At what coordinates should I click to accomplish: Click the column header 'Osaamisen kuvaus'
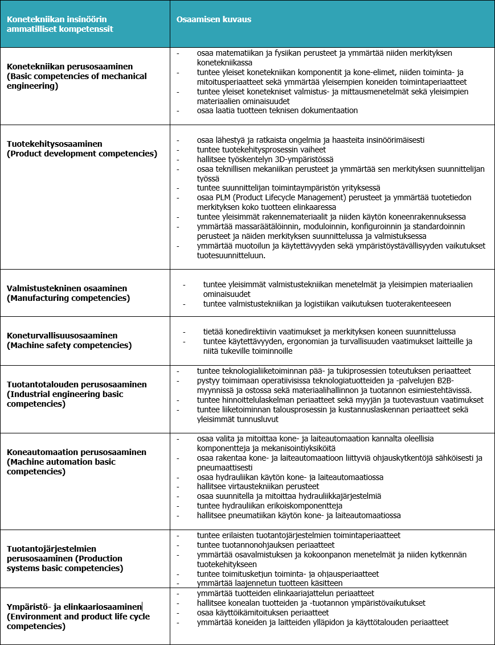(x=214, y=19)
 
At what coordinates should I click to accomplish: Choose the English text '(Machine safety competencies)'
(x=69, y=345)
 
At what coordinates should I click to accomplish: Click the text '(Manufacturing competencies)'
(x=68, y=298)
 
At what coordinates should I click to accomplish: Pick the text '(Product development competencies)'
(x=82, y=154)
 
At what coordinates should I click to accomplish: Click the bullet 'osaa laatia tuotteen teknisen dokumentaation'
(x=277, y=110)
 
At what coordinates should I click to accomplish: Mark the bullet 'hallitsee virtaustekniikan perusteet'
(x=257, y=486)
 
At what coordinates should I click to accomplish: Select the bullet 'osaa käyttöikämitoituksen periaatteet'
(x=263, y=613)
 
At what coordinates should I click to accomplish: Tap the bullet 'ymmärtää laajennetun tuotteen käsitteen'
(x=269, y=583)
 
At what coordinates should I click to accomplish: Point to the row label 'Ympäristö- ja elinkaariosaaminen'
(x=75, y=607)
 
